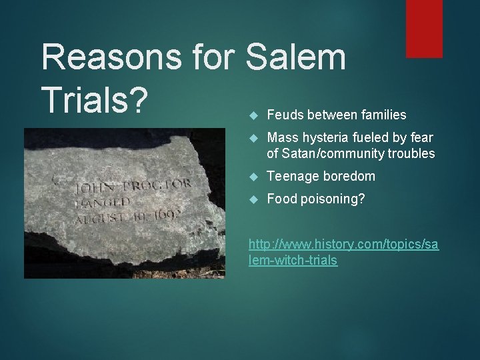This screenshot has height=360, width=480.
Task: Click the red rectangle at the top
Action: (424, 28)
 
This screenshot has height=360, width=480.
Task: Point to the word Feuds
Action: (283, 115)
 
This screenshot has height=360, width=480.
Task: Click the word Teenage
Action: (291, 177)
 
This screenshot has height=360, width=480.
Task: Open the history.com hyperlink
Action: (343, 252)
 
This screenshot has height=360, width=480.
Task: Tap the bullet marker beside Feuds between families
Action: (251, 115)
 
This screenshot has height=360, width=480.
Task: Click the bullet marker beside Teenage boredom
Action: (251, 177)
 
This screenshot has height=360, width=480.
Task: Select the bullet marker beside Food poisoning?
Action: (251, 199)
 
